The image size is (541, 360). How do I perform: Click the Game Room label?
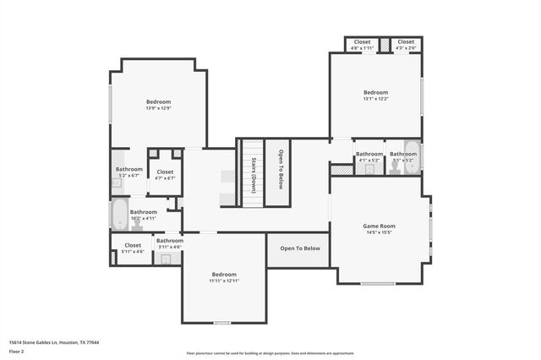379,226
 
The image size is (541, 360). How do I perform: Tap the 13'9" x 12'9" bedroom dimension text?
158,108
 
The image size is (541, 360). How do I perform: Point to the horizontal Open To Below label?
300,248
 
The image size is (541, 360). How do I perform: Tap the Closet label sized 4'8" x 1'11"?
362,41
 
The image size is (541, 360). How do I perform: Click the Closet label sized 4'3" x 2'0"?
406,41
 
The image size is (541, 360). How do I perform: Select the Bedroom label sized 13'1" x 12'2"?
375,92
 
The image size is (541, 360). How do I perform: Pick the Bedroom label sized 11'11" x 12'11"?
224,275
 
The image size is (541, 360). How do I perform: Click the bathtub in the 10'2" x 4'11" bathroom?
118,214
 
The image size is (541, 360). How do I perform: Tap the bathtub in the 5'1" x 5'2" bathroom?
412,157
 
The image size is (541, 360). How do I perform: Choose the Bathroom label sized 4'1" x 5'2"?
369,154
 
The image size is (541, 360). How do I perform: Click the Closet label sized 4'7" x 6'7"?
165,172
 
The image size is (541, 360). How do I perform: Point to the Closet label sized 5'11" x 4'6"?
133,245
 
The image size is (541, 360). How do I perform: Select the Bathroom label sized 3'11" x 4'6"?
169,241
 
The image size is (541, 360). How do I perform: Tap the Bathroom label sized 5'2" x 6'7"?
129,169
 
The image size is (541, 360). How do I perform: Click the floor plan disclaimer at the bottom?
270,353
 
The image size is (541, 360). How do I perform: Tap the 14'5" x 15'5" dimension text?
379,232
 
